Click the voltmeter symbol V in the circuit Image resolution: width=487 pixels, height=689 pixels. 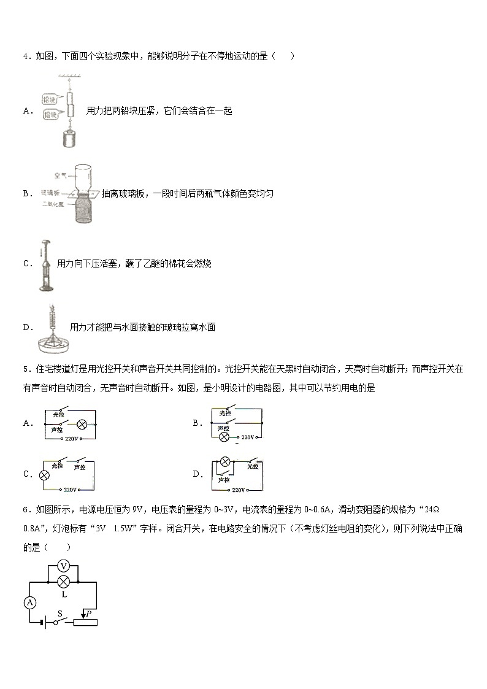coord(63,565)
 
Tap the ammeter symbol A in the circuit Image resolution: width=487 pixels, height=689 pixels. coord(29,602)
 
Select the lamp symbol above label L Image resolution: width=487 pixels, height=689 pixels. coord(63,581)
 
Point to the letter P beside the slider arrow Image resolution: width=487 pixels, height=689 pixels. coord(88,613)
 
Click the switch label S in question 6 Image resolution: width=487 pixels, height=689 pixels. coord(60,613)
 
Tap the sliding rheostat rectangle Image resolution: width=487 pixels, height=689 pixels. coord(85,622)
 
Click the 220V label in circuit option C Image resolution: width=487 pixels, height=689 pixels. coord(69,490)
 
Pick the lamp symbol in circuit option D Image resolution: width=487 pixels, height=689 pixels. coord(225,461)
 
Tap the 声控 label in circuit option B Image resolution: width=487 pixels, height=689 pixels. coord(224,426)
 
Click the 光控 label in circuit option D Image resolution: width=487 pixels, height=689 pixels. coord(253,467)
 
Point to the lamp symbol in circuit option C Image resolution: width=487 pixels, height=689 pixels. coord(44,475)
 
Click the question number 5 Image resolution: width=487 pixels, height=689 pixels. coord(25,369)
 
